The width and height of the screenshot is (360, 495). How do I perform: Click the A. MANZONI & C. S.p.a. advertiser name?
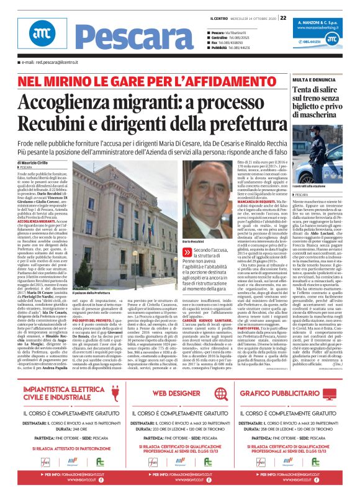pyautogui.click(x=322, y=22)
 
